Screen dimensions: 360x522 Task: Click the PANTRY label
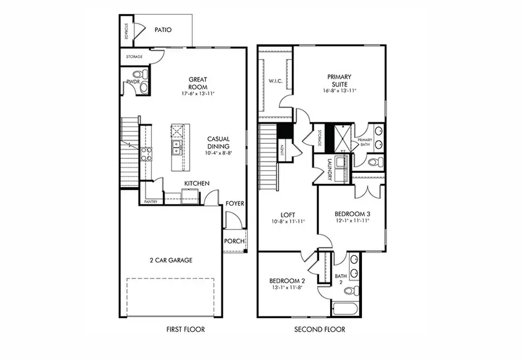point(151,201)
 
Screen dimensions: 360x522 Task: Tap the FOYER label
point(235,203)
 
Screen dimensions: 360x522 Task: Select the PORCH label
point(234,240)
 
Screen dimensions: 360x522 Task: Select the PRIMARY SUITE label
point(339,80)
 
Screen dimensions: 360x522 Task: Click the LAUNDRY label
point(328,169)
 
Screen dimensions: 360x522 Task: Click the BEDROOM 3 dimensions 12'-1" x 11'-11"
point(351,221)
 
